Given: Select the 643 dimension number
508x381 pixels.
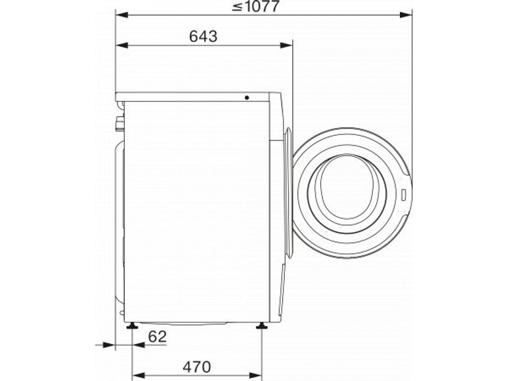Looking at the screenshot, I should click(203, 37).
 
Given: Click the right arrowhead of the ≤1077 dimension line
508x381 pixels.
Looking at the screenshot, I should click(406, 15).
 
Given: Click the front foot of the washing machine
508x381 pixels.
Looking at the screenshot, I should click(262, 326).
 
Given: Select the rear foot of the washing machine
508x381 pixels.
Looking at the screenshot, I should click(132, 326).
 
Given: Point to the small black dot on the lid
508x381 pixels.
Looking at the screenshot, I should click(246, 97).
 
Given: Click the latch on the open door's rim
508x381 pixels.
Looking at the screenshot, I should click(402, 194).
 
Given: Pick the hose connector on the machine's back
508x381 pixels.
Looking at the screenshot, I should click(119, 123).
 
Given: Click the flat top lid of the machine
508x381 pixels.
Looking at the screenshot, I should click(193, 97).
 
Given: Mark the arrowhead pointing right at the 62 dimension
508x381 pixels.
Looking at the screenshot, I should click(109, 345).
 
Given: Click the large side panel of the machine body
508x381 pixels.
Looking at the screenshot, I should click(196, 211).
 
